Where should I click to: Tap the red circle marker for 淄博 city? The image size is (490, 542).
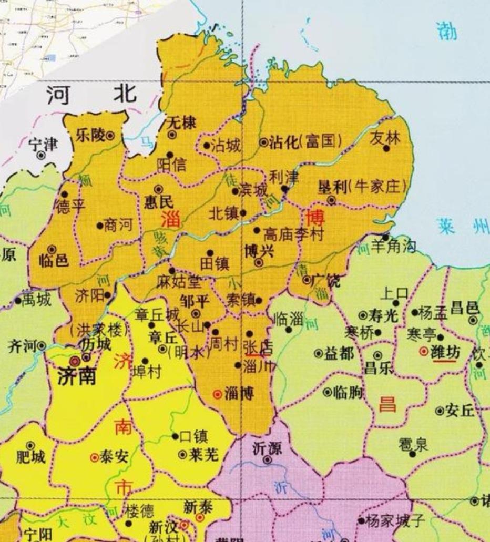(x=217, y=394)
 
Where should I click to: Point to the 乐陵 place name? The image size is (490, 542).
(x=90, y=135)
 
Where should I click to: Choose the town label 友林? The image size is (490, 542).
(x=385, y=138)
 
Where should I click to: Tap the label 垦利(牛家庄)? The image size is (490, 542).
(x=363, y=187)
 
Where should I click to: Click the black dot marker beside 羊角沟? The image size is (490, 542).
(x=385, y=238)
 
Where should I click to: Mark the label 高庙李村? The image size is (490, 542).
(x=293, y=234)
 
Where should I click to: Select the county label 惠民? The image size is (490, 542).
(x=159, y=201)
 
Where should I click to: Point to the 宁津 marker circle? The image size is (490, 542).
(x=40, y=155)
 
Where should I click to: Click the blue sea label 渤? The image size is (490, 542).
(x=446, y=32)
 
